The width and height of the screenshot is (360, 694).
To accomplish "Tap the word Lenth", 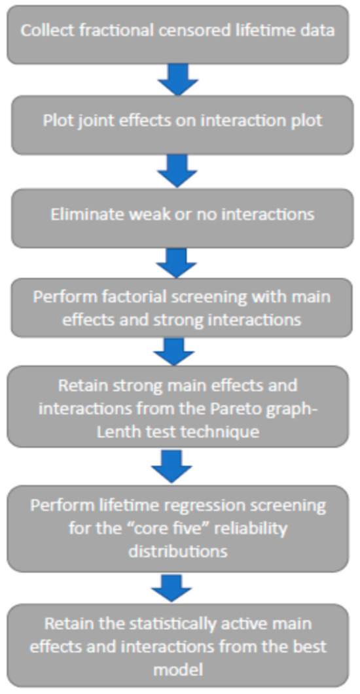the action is [x=117, y=431].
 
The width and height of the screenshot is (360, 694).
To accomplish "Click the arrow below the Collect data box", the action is [x=178, y=80].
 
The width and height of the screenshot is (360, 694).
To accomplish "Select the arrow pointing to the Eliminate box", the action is [x=177, y=171].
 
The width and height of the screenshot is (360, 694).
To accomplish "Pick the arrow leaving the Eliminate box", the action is [x=177, y=263].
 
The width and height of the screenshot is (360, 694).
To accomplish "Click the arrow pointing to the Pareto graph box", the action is [x=175, y=351].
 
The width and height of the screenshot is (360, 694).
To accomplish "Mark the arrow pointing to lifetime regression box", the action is [x=171, y=466].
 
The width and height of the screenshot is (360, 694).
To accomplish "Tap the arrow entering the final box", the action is [x=171, y=587].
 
